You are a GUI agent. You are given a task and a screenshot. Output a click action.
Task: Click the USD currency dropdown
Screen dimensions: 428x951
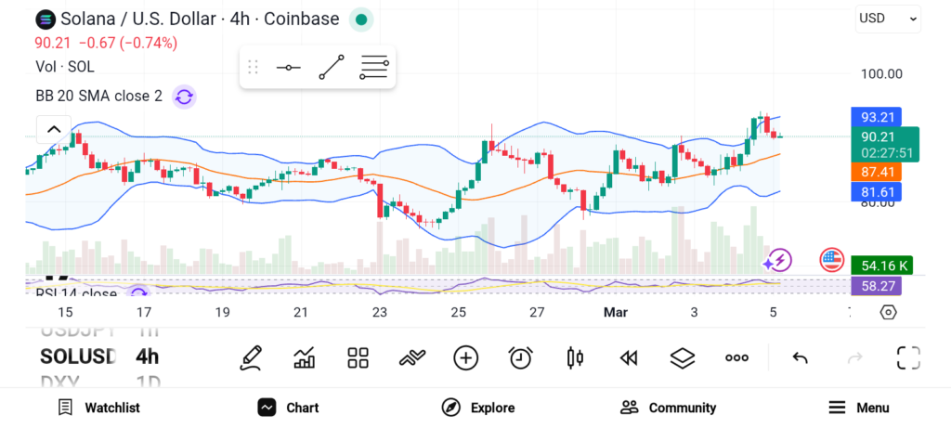(887, 18)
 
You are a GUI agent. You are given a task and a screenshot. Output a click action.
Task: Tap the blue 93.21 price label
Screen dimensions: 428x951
(877, 117)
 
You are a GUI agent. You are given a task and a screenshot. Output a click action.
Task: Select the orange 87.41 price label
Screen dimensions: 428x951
(877, 172)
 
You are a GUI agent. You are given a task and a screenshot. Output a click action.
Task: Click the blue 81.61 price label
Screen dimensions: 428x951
(877, 192)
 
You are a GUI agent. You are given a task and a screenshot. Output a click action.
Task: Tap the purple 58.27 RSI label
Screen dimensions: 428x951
(877, 286)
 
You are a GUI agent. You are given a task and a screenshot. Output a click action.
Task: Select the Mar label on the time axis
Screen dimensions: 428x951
(616, 313)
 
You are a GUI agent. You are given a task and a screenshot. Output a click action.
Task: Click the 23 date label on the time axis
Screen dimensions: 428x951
(379, 313)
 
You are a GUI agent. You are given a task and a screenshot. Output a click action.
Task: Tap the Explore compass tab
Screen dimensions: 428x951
(478, 408)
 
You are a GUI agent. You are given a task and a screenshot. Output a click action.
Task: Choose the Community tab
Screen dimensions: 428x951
(669, 408)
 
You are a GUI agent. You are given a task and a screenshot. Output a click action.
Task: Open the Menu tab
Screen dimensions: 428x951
(859, 408)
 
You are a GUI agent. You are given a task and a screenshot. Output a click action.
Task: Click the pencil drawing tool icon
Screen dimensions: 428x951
(250, 357)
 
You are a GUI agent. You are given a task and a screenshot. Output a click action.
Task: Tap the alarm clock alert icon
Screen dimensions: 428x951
(521, 357)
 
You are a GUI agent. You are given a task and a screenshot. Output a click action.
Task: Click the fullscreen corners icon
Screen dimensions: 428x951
(907, 357)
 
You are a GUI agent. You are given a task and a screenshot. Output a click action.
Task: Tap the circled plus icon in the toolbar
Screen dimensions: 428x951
(465, 357)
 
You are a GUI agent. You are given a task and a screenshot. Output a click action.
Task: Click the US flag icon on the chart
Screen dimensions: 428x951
(831, 260)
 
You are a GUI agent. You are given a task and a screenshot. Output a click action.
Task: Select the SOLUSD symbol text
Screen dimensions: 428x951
(78, 357)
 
